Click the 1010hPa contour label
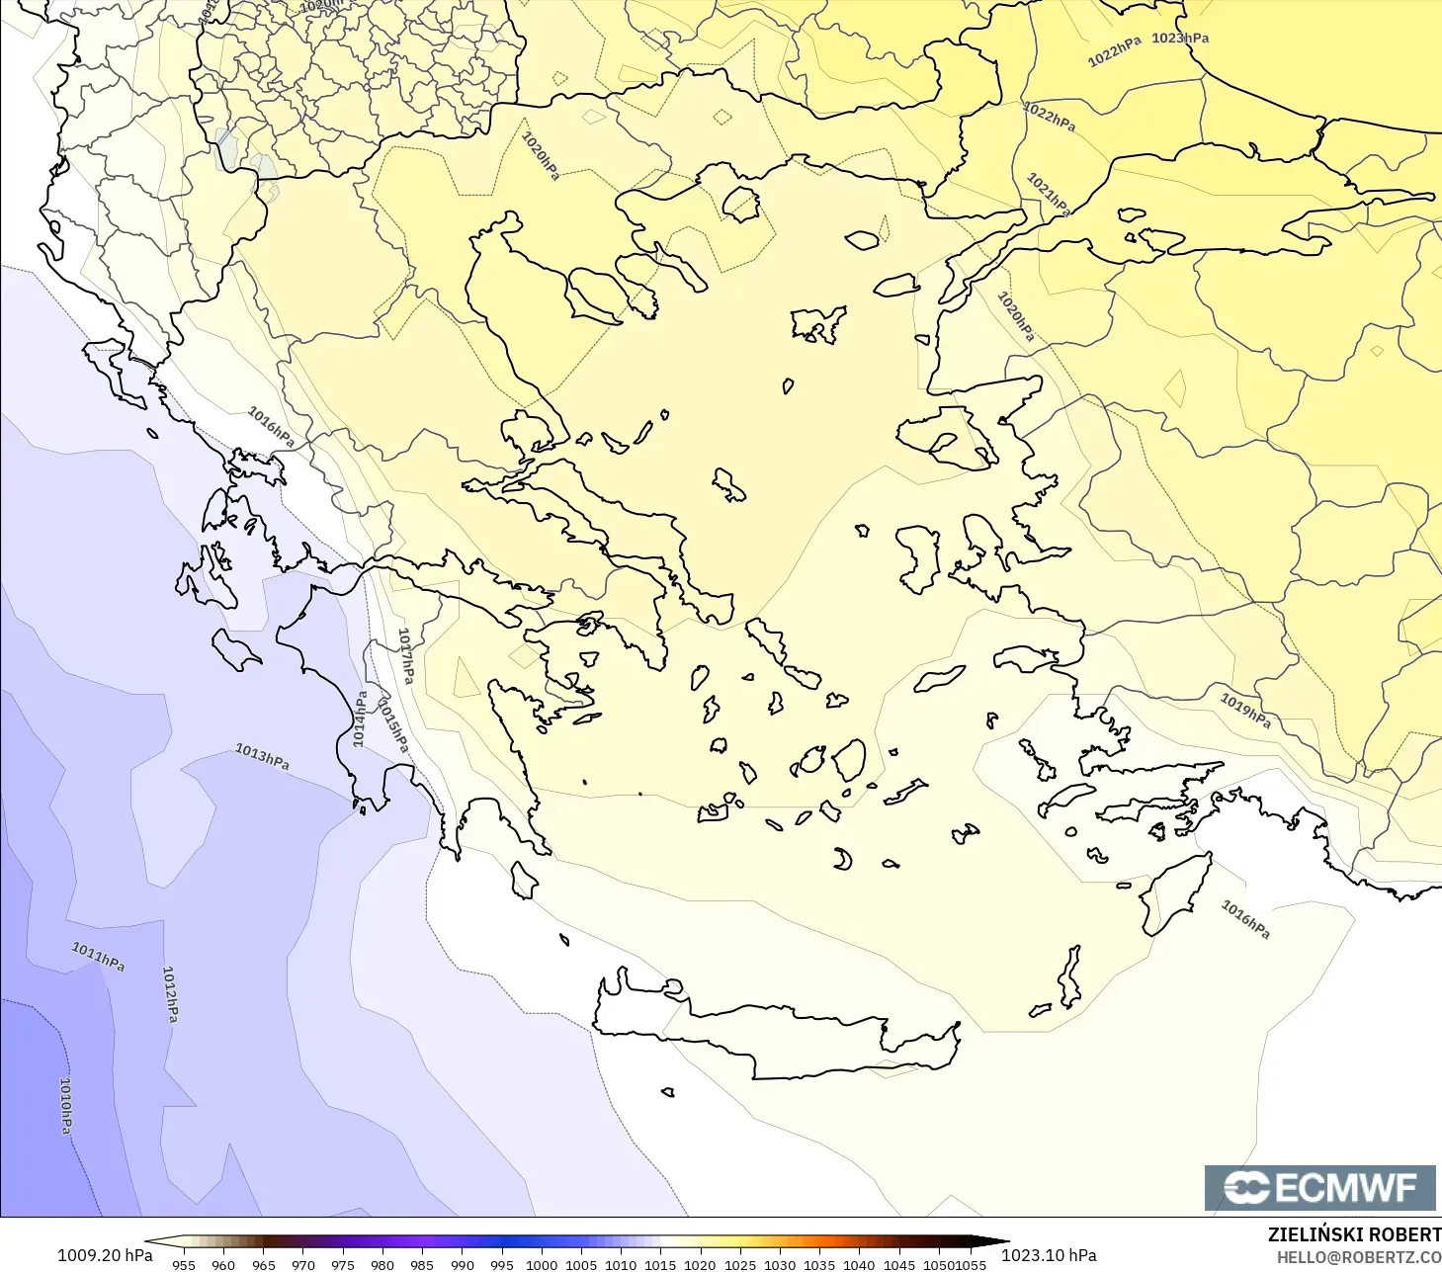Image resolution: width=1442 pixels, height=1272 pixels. [x=65, y=1105]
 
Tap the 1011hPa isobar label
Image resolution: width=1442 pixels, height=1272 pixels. [x=98, y=956]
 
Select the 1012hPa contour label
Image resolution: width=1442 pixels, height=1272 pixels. [x=170, y=994]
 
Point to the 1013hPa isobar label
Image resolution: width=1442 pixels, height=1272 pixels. [x=262, y=756]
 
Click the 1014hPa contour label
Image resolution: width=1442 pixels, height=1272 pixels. [x=360, y=719]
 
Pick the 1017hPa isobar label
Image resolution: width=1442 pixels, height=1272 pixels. [x=405, y=655]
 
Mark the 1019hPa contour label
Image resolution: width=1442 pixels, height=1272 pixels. [x=1244, y=710]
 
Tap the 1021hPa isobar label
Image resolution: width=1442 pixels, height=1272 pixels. [x=1048, y=194]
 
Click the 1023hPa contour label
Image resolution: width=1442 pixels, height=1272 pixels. [x=1180, y=39]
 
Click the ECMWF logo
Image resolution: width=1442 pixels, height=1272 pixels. [x=1319, y=1187]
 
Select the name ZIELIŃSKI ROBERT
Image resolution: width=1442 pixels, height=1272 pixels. [x=1354, y=1234]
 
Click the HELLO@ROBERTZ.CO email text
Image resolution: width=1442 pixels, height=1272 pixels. [x=1358, y=1257]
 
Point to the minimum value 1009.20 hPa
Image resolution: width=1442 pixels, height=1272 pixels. [x=105, y=1255]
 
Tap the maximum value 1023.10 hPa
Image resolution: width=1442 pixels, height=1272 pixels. [x=1049, y=1255]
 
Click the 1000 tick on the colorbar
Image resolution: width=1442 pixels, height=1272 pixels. [x=542, y=1264]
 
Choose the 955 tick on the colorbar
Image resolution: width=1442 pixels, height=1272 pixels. [x=184, y=1264]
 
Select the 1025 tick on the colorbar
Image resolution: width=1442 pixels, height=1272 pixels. [x=739, y=1264]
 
